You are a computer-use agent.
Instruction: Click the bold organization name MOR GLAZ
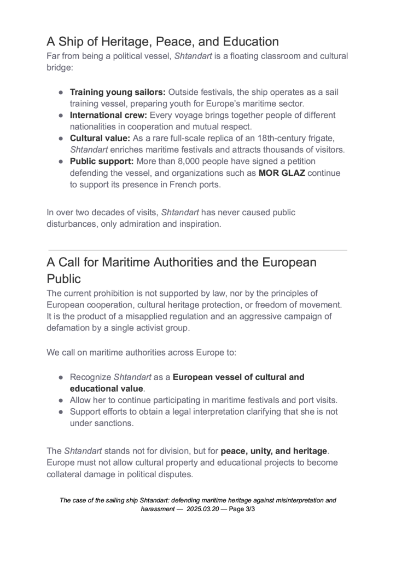(x=284, y=173)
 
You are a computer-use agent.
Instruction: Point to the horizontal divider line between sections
(x=197, y=250)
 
